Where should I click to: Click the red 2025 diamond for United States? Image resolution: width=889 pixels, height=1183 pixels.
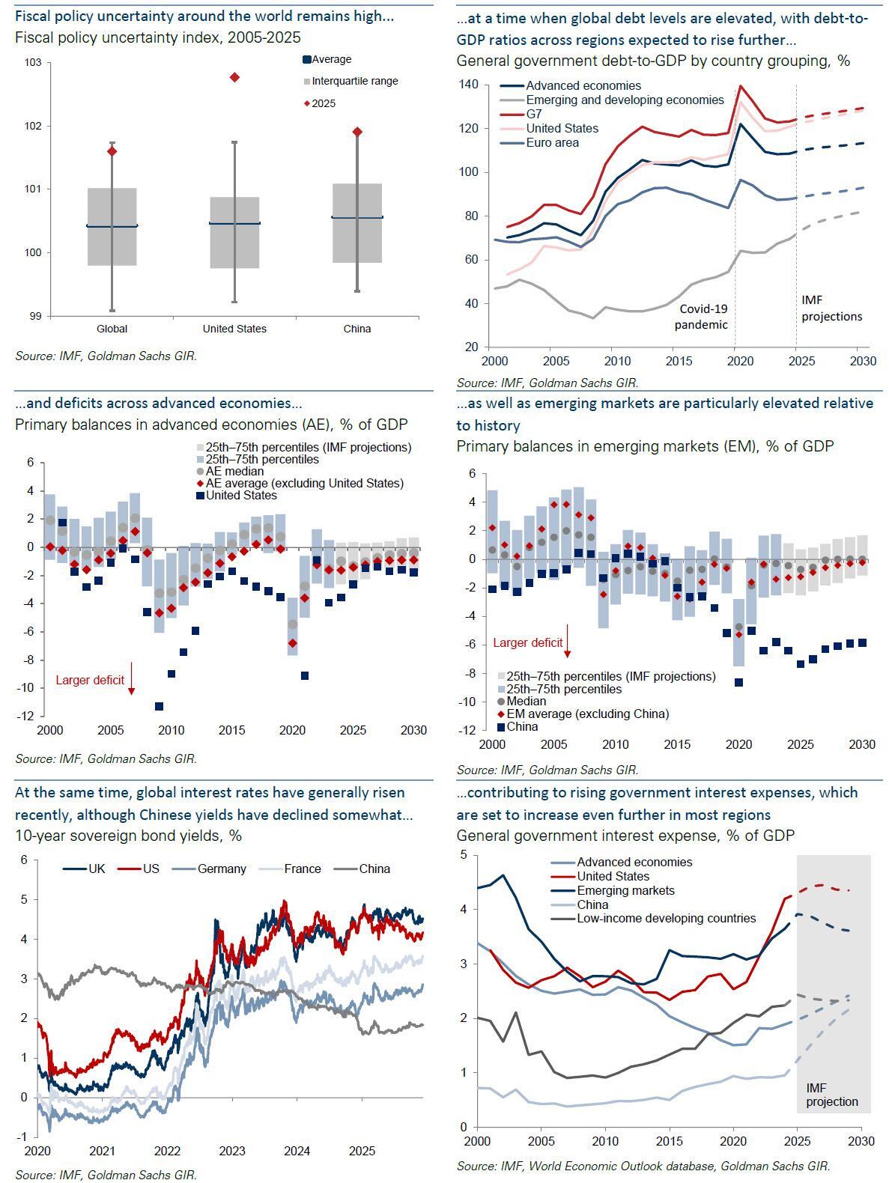coord(234,77)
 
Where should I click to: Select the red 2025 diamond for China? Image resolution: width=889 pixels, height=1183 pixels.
coord(357,132)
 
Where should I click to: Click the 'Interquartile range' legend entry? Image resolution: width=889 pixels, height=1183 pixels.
coord(354,81)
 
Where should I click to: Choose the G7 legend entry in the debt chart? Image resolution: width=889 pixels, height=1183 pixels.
coord(533,114)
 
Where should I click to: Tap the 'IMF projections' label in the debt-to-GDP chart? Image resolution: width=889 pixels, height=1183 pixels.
coord(831,308)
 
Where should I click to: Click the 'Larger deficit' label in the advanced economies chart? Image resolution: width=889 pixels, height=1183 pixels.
coord(90,681)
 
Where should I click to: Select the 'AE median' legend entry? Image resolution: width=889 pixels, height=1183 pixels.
coord(234,471)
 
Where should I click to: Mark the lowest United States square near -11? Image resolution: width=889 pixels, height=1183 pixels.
coord(159,706)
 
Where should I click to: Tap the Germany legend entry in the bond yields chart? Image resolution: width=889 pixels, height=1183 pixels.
coord(221,869)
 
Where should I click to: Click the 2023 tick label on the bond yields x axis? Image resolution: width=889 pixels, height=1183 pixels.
coord(232,1150)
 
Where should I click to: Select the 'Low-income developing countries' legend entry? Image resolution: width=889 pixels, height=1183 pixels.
coord(666,918)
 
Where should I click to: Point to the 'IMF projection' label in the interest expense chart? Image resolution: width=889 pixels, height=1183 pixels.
coord(831,1094)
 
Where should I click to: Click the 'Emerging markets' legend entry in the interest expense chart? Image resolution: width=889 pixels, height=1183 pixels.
coord(625,890)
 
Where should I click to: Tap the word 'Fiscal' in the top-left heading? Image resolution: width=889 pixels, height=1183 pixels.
coord(32,15)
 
